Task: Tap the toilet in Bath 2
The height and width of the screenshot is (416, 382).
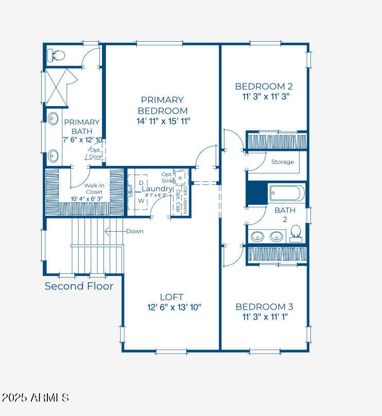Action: (296, 233)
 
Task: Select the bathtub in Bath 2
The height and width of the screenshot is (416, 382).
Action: (287, 194)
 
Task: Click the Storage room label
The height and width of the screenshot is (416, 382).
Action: (283, 162)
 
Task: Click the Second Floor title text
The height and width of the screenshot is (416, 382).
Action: (79, 286)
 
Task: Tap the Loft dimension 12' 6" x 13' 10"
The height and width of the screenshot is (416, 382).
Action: (173, 307)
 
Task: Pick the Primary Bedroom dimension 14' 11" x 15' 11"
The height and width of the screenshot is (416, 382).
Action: (162, 121)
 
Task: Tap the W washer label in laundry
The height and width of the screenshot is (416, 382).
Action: (141, 201)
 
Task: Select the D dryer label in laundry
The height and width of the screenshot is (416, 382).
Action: (141, 183)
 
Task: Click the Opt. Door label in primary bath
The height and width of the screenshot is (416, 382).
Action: (96, 153)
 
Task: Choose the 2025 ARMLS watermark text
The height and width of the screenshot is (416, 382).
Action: (35, 397)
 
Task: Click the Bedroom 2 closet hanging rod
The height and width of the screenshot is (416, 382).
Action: (277, 141)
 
